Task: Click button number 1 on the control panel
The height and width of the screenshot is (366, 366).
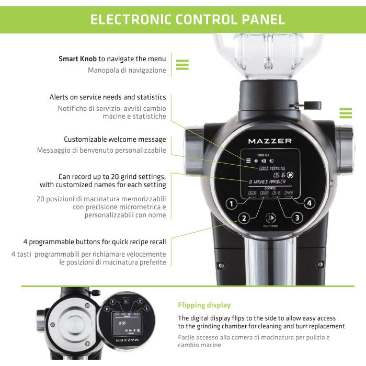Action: click(x=231, y=203)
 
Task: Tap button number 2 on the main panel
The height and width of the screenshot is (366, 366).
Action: click(x=243, y=219)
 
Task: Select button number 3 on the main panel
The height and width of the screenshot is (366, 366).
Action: click(x=297, y=218)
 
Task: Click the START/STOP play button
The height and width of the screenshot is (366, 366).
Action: click(x=270, y=218)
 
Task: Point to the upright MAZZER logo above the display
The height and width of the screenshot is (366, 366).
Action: click(x=270, y=141)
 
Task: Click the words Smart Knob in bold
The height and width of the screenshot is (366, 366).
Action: click(x=77, y=59)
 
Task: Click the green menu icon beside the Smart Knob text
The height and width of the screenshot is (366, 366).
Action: click(x=182, y=64)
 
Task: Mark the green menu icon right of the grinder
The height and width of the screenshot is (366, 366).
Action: click(x=346, y=113)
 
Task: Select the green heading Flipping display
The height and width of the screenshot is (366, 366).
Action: click(x=204, y=305)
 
